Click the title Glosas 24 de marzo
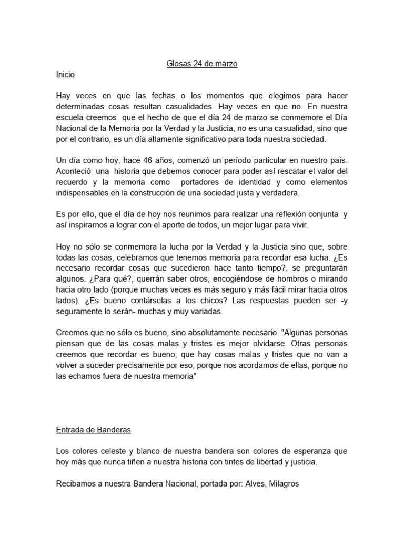(x=202, y=64)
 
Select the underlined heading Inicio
(x=65, y=75)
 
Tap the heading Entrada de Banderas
(x=93, y=430)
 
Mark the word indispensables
(x=84, y=193)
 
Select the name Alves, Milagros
(x=271, y=483)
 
